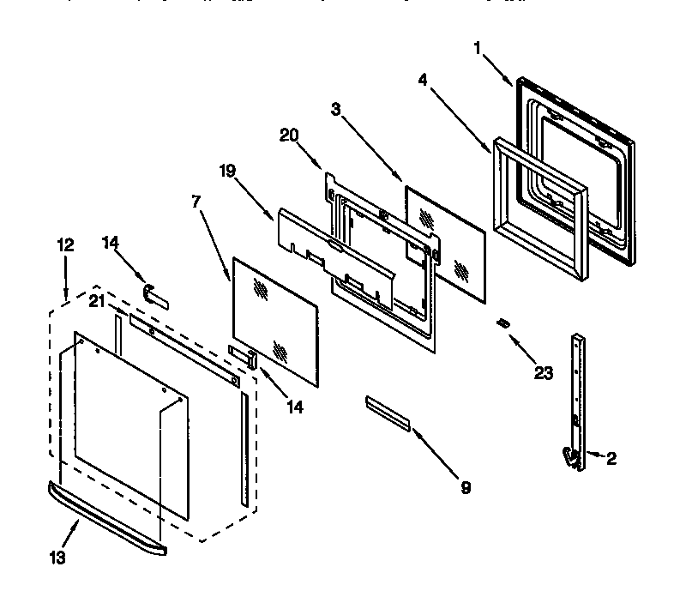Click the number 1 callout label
point(477,49)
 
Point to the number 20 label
point(288,136)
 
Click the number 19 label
point(226,172)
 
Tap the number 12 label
point(65,245)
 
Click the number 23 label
point(544,372)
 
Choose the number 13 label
point(57,557)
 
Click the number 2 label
point(611,458)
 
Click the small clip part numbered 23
point(504,323)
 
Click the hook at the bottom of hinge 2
point(568,457)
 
